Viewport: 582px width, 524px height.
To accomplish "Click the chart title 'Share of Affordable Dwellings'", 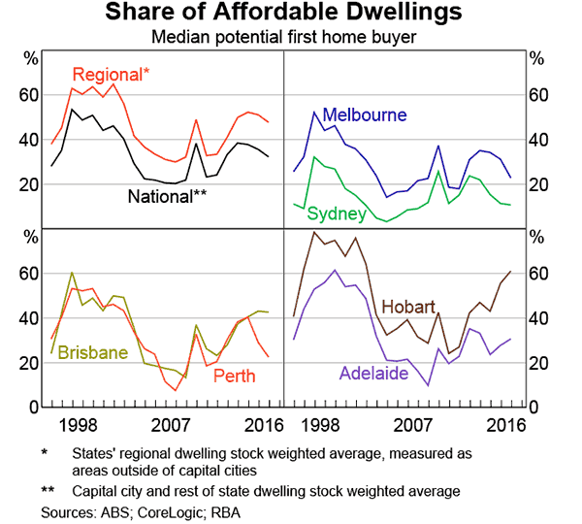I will [290, 14].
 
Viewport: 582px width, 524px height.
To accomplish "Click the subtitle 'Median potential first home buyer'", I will [290, 37].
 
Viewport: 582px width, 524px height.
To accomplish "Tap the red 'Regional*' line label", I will [109, 75].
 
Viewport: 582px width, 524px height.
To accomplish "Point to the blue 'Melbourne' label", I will [364, 115].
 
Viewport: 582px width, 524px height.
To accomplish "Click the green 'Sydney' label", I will [337, 213].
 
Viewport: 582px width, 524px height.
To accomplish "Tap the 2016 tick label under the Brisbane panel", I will [259, 423].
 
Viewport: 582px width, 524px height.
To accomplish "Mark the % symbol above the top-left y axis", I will [31, 57].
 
